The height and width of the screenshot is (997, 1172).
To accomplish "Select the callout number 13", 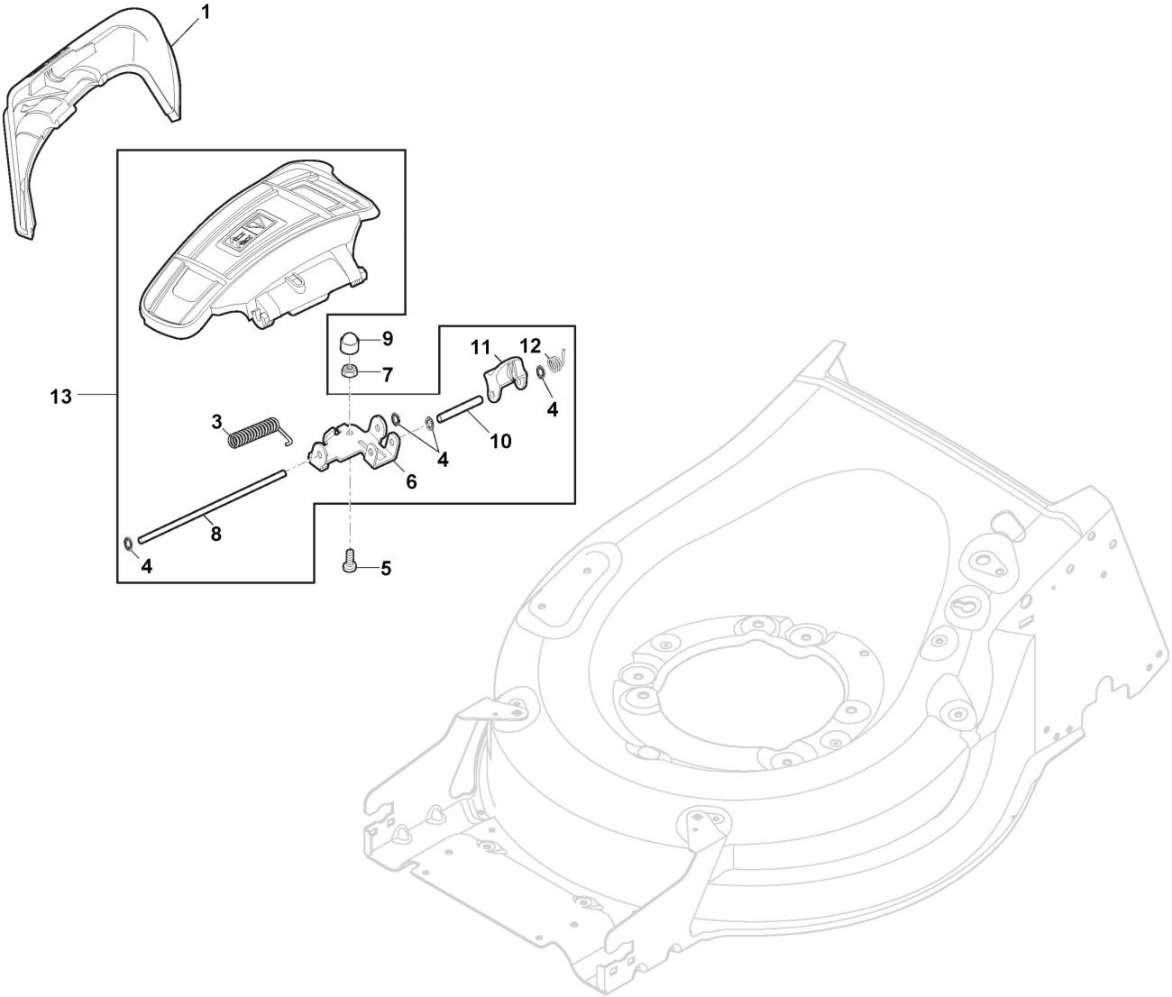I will click(60, 396).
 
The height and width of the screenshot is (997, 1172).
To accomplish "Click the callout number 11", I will click(480, 346).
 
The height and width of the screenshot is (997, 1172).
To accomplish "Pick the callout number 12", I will click(530, 346).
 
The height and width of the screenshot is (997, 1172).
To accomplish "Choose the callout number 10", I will click(500, 441).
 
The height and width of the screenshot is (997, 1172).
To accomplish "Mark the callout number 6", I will click(411, 481).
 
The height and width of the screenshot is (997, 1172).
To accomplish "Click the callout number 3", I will click(216, 421).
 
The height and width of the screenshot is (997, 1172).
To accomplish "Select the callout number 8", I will click(215, 534).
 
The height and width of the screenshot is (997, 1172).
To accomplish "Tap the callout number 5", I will click(386, 568).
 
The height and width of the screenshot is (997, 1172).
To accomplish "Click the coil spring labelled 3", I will click(255, 431).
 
